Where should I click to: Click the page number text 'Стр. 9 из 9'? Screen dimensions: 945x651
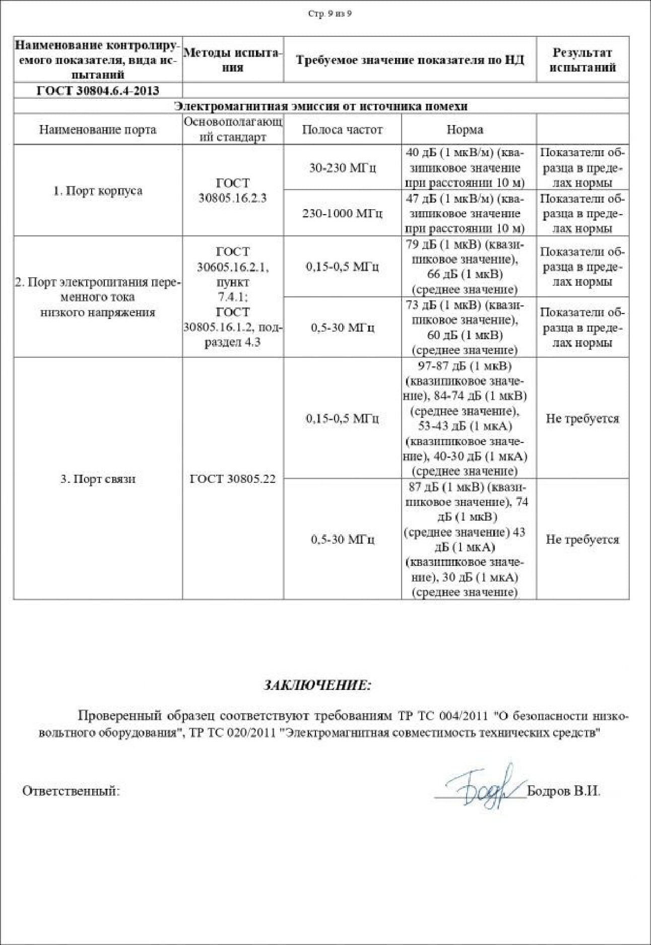pos(330,14)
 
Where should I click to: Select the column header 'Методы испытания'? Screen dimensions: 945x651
pos(232,60)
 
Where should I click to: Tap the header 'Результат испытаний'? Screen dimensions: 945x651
pos(582,60)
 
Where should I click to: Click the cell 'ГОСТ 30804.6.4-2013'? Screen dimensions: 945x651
pos(98,91)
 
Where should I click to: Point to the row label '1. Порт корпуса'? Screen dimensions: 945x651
pos(98,191)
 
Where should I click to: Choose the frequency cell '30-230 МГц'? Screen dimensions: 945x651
pos(342,168)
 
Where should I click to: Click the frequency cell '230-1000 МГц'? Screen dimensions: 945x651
pos(342,214)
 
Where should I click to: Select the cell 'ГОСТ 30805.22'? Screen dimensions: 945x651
pos(232,479)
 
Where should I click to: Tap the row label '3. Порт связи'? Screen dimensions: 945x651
pos(98,479)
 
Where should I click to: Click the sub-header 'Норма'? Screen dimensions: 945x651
pos(465,130)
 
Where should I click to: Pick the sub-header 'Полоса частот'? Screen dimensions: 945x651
pos(342,130)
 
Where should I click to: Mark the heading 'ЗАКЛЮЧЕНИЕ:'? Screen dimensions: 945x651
pos(317,685)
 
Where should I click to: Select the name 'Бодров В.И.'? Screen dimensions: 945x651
pos(563,791)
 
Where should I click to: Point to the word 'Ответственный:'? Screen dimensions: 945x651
pos(71,791)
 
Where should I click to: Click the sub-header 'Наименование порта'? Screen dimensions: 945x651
pos(98,130)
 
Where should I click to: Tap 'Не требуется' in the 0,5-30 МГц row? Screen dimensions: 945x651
pos(582,539)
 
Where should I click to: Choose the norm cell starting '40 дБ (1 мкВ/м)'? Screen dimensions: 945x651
pos(465,168)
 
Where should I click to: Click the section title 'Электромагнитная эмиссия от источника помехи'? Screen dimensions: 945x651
pos(320,106)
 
